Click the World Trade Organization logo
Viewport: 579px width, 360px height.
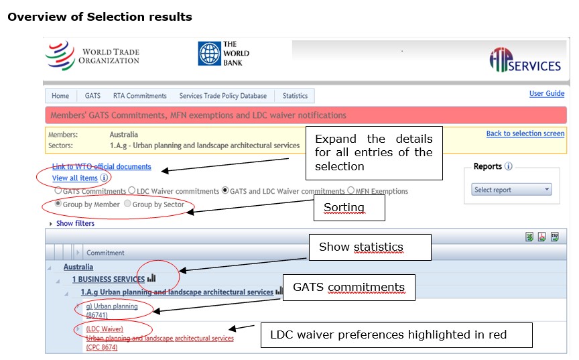pos(92,56)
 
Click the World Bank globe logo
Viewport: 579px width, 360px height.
pos(209,54)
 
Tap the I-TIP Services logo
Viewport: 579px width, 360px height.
pos(525,60)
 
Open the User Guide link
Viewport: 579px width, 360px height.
pos(547,93)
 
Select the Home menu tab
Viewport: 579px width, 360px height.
pos(60,96)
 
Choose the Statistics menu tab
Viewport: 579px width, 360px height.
pos(295,96)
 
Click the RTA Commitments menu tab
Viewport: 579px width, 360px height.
pos(140,96)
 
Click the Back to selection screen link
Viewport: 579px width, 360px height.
pos(525,133)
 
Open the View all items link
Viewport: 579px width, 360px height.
pos(75,178)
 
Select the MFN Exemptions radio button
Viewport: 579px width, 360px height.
pos(350,190)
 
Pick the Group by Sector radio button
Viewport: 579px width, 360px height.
pos(127,204)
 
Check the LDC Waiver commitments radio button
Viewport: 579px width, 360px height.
pos(132,190)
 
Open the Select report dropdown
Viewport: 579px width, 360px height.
pos(511,190)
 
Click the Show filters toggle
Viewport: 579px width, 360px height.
pos(72,223)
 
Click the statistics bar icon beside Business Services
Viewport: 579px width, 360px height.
pos(151,278)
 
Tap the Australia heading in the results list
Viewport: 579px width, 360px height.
pos(78,267)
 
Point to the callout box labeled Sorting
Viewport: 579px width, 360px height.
pos(349,208)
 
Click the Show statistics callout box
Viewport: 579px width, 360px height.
pos(370,247)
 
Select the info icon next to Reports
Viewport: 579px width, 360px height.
pos(509,166)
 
